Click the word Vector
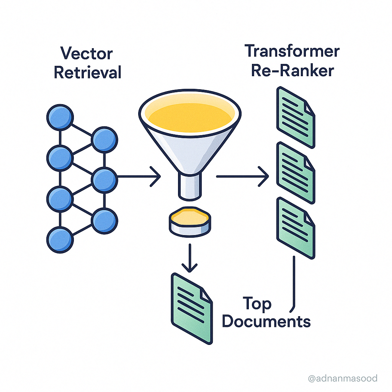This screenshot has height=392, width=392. [86, 53]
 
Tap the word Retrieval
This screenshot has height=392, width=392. [88, 72]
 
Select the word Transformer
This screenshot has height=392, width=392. [292, 51]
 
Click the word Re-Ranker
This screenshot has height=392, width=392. [293, 70]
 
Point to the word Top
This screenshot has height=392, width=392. [257, 304]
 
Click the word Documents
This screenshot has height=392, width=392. [266, 321]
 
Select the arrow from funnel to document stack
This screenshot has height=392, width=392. [243, 176]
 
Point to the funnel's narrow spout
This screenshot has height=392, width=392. [189, 185]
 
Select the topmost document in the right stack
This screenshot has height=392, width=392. [296, 117]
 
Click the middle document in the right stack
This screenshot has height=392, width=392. [296, 172]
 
